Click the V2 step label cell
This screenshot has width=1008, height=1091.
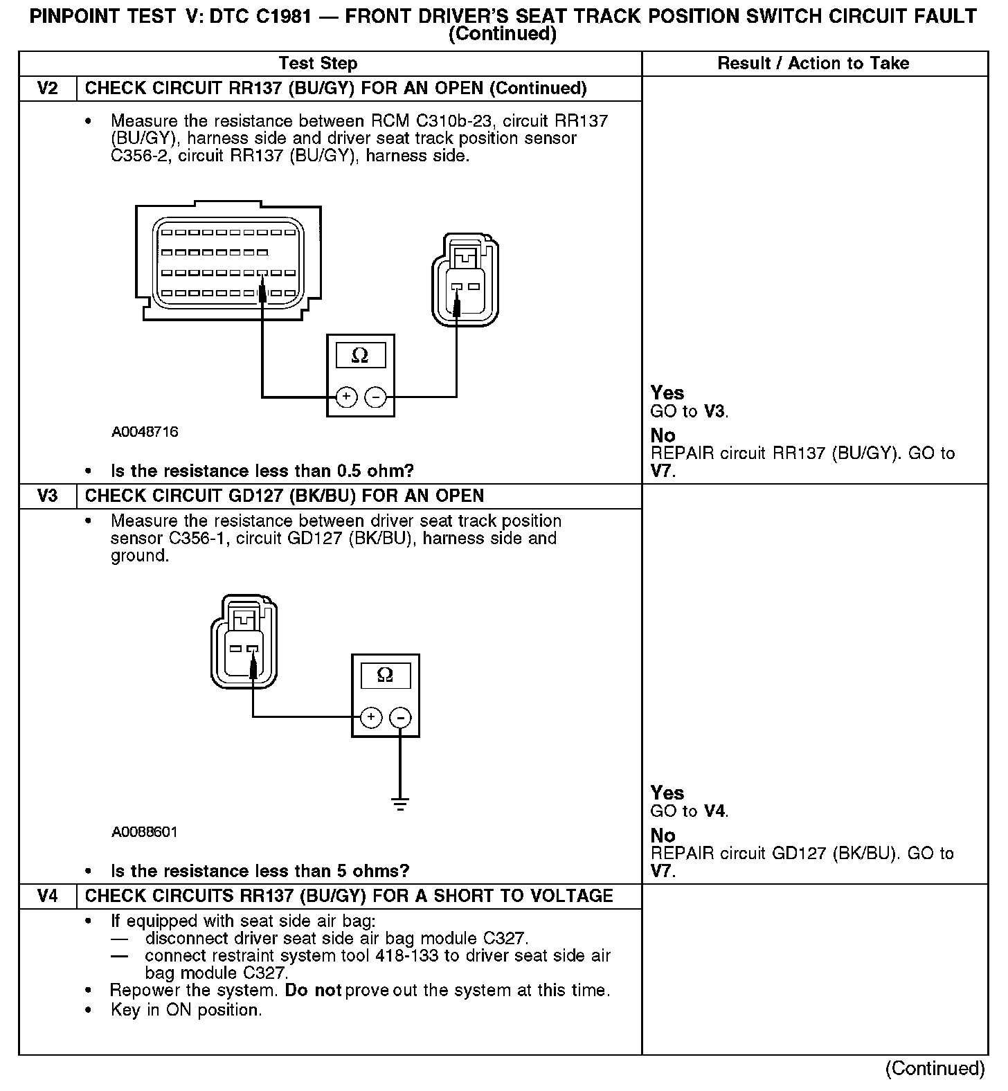(x=47, y=89)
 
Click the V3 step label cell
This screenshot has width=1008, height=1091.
(x=47, y=496)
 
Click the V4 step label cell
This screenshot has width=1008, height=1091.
(x=47, y=896)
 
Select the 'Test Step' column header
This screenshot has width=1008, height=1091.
(x=318, y=64)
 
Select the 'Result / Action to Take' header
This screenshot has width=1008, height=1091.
(x=813, y=64)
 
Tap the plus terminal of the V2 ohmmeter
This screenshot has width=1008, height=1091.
(x=346, y=397)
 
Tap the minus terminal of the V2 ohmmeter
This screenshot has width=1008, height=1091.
(x=375, y=397)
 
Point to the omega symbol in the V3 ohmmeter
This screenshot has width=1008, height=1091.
(x=386, y=675)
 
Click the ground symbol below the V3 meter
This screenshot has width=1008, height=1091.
(x=400, y=804)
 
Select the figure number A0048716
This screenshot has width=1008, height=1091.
(x=145, y=432)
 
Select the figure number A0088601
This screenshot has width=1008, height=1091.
(x=144, y=831)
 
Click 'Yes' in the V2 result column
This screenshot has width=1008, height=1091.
(x=667, y=393)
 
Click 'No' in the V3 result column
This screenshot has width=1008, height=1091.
(x=663, y=836)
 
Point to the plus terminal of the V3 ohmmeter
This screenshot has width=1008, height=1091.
(x=371, y=716)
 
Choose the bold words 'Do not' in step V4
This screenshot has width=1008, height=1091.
(x=313, y=991)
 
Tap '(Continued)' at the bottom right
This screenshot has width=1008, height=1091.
(x=935, y=1068)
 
